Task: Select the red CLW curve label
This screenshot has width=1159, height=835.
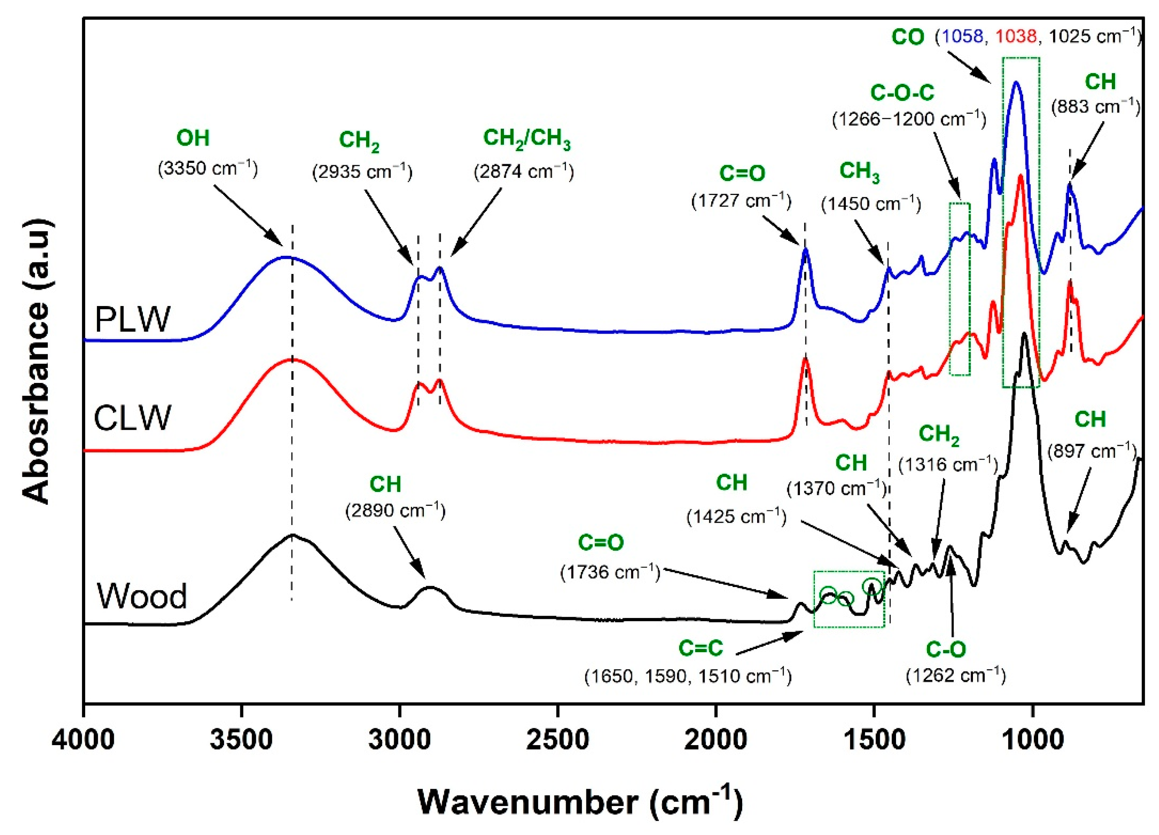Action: click(132, 417)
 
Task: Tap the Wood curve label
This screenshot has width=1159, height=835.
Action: click(142, 596)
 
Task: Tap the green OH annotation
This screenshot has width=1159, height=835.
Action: click(193, 138)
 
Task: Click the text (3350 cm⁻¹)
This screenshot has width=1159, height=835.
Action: click(208, 168)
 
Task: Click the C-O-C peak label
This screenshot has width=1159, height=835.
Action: click(902, 93)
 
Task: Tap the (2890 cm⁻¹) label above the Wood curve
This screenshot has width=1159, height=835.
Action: click(395, 510)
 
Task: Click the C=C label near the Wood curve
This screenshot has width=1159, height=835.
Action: click(701, 648)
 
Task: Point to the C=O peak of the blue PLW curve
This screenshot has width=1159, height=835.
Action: click(806, 250)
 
